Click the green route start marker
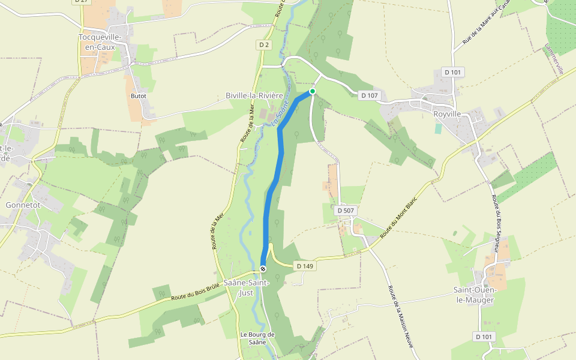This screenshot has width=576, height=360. pyautogui.click(x=312, y=91)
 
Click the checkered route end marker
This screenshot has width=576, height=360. pyautogui.click(x=263, y=269)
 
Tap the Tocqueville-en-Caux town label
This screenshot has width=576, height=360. pyautogui.click(x=101, y=42)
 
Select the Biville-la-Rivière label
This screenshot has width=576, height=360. pyautogui.click(x=254, y=95)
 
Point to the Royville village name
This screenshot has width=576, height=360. pyautogui.click(x=447, y=113)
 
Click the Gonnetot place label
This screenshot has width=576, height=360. pyautogui.click(x=23, y=205)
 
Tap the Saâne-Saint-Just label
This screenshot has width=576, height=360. pyautogui.click(x=246, y=287)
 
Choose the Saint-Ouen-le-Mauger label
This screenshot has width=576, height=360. pyautogui.click(x=473, y=295)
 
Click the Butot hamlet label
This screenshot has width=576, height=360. pyautogui.click(x=139, y=95)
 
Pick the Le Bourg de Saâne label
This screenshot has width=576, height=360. pyautogui.click(x=257, y=338)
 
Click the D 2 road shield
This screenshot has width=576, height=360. pyautogui.click(x=265, y=45)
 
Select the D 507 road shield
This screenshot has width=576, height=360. pyautogui.click(x=346, y=211)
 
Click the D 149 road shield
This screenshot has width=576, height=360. pyautogui.click(x=305, y=265)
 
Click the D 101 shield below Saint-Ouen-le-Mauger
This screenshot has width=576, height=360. pyautogui.click(x=484, y=337)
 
